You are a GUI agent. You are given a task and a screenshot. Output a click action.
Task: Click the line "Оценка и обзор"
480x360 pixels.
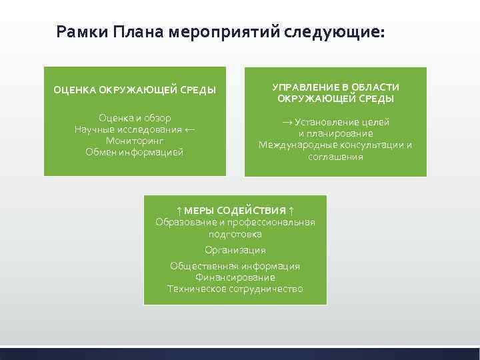coord(135,118)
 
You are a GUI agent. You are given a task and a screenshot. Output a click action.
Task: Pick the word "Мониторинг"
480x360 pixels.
coord(135,141)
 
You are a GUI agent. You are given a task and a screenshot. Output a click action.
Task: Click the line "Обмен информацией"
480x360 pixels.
coord(135,152)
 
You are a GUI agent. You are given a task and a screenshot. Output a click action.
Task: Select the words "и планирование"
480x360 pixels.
coord(335,133)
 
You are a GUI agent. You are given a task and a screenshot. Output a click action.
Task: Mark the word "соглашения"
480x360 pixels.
coord(335,157)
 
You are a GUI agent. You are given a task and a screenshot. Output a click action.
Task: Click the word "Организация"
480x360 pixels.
coord(235,250)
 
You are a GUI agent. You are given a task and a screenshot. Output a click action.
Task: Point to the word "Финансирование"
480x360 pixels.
coord(235,277)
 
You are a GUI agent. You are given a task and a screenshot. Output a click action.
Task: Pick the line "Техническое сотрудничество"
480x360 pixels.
coord(235,289)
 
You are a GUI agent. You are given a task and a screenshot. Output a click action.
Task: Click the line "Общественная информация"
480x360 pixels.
coord(235,266)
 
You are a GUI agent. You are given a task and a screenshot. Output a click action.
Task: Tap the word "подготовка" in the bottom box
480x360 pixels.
coord(235,234)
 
